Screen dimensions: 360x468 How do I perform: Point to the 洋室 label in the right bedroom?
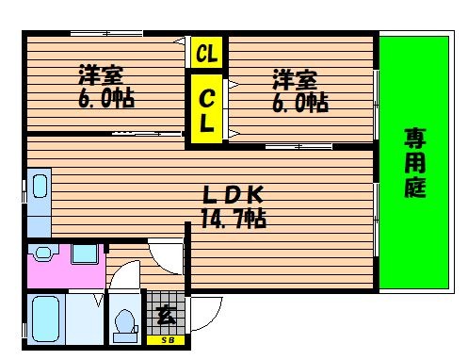[x=294, y=78]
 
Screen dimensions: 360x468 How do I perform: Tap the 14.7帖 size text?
[x=233, y=219]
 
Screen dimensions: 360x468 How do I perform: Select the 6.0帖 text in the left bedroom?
[x=100, y=98]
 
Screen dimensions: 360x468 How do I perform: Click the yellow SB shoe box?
[x=166, y=340]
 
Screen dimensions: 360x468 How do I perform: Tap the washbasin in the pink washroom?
[x=83, y=254]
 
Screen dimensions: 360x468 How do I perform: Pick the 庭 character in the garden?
[x=415, y=187]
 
